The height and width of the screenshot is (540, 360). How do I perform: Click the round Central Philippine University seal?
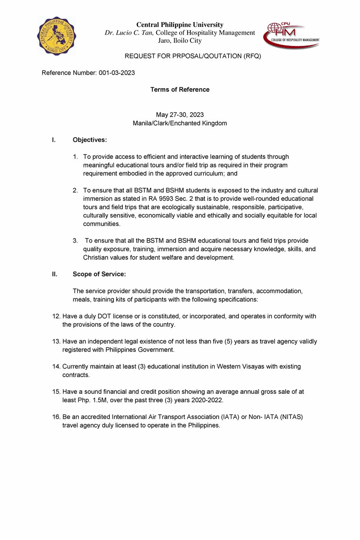click(57, 36)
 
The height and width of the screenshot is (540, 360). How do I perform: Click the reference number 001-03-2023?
click(117, 72)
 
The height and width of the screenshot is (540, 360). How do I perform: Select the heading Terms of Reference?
click(180, 90)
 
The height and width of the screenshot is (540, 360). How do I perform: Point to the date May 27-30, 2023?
click(180, 115)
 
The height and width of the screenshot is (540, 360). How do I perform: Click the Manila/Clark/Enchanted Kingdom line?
click(180, 123)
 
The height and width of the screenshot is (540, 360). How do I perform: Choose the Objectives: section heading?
click(90, 140)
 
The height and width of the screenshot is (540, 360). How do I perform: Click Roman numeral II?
click(54, 274)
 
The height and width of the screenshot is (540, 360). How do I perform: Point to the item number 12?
click(56, 316)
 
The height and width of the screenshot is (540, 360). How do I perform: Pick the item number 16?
click(56, 417)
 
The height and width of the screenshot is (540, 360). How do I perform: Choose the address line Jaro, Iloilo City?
click(180, 40)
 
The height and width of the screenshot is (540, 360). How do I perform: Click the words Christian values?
click(108, 257)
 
